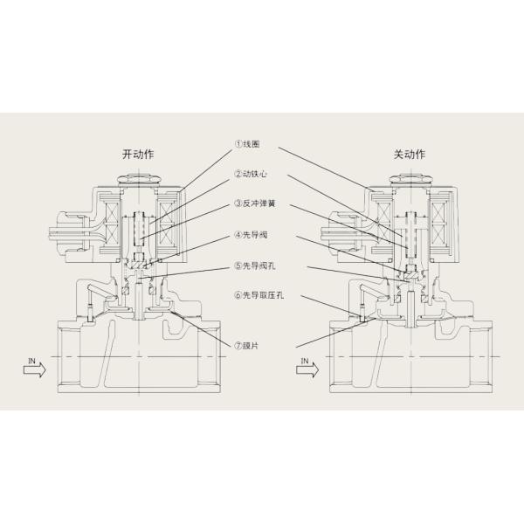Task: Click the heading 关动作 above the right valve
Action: click(409, 155)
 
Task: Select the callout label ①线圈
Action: click(252, 144)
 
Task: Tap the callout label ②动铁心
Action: click(254, 174)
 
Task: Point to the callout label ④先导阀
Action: click(254, 234)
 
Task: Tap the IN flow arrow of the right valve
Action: click(305, 370)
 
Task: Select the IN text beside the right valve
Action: click(303, 360)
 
